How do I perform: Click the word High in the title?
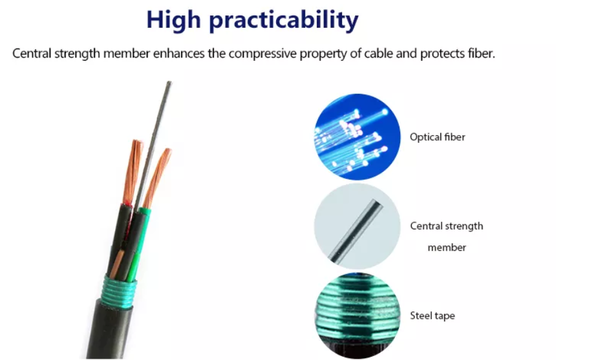pyautogui.click(x=173, y=20)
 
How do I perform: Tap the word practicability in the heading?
pyautogui.click(x=284, y=21)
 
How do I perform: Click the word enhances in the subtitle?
pyautogui.click(x=178, y=53)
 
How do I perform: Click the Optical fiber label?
pyautogui.click(x=437, y=137)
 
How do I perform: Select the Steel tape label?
pyautogui.click(x=433, y=315)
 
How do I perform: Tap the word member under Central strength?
pyautogui.click(x=447, y=248)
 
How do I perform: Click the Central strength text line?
pyautogui.click(x=447, y=226)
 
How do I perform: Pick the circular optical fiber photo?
pyautogui.click(x=358, y=136)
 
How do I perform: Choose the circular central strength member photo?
pyautogui.click(x=358, y=226)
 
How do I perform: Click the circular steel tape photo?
pyautogui.click(x=358, y=315)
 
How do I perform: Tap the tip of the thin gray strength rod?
pyautogui.click(x=169, y=82)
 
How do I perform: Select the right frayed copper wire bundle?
pyautogui.click(x=157, y=177)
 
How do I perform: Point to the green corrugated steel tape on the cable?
pyautogui.click(x=118, y=291)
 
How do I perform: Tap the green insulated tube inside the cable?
pyautogui.click(x=139, y=244)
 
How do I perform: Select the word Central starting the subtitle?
pyautogui.click(x=32, y=53)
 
